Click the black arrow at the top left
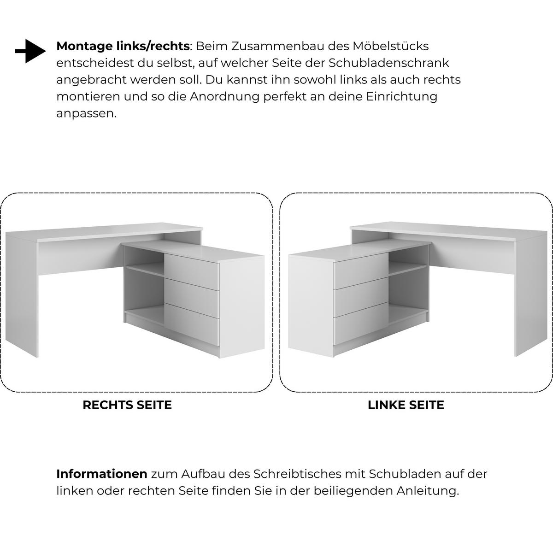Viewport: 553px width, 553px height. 30,51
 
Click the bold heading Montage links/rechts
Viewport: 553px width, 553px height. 123,46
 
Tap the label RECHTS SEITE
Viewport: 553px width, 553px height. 127,405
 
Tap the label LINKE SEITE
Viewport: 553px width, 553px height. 406,405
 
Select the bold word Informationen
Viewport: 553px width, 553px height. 101,474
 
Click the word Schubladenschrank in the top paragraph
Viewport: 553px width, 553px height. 389,63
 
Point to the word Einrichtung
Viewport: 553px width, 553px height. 401,97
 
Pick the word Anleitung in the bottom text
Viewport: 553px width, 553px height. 428,491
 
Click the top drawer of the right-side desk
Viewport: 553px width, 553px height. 192,271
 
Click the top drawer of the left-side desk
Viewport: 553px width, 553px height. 361,271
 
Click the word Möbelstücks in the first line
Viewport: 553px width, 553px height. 391,46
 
